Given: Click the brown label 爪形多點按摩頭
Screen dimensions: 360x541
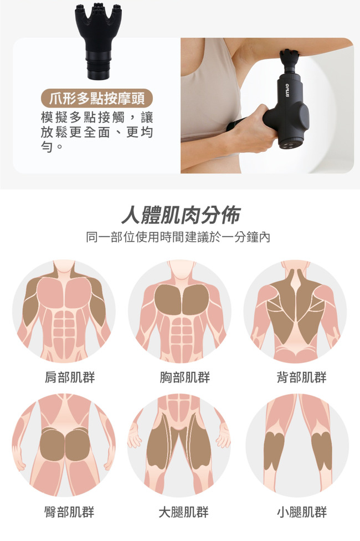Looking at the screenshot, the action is (x=96, y=99).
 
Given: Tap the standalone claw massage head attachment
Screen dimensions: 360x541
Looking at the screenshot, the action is (x=98, y=40).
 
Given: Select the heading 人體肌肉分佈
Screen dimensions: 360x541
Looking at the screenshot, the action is (x=181, y=215).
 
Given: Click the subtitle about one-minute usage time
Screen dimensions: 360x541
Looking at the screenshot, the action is (x=178, y=237).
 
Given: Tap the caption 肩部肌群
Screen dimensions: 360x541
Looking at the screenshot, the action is (x=70, y=377).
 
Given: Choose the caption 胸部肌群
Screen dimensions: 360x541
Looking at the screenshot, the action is (x=185, y=377).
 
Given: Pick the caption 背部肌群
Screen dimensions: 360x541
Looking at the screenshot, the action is (x=301, y=377).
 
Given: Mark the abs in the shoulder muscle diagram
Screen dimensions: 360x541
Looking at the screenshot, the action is (x=64, y=328).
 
